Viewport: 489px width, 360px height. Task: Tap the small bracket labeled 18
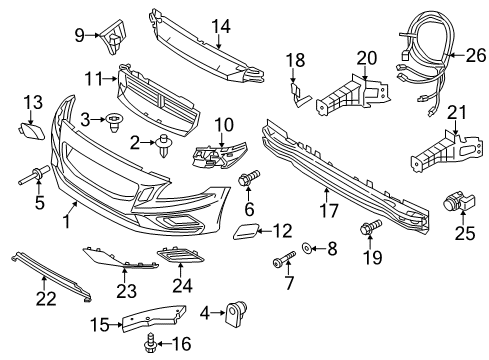click(x=297, y=92)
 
